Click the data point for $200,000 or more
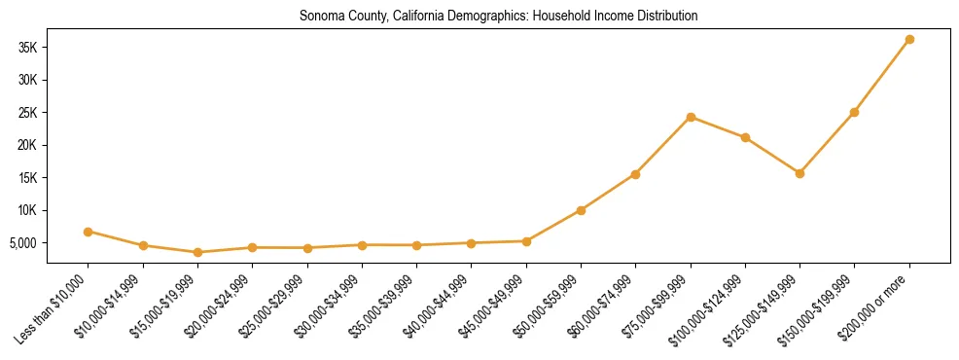(x=909, y=40)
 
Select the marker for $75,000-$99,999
(x=691, y=117)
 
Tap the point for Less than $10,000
(x=89, y=232)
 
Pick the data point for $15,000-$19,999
(x=197, y=252)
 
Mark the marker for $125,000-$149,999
(x=799, y=173)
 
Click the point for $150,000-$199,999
(x=854, y=112)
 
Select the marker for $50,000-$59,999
(x=581, y=210)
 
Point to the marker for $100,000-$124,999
(x=745, y=137)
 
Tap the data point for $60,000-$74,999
(x=635, y=174)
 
